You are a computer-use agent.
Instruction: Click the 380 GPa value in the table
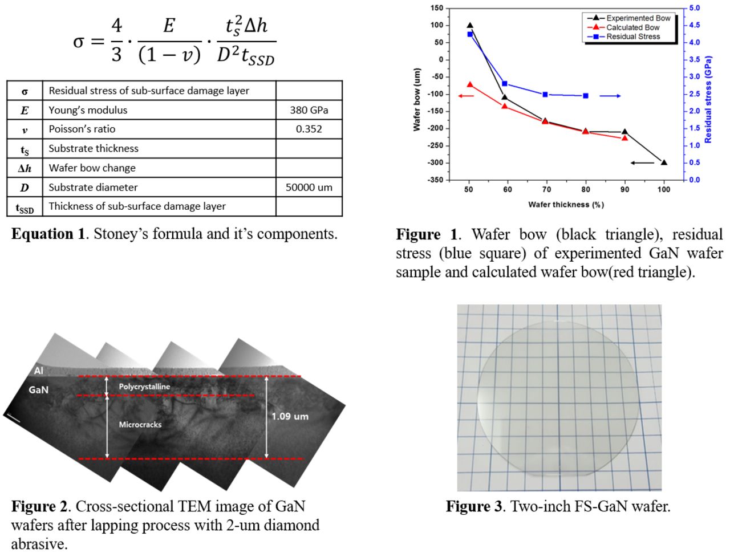click(x=309, y=110)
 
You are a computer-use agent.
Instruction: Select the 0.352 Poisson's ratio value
click(x=309, y=129)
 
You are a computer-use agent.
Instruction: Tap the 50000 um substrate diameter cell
click(x=309, y=187)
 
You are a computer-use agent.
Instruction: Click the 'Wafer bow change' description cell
click(x=92, y=168)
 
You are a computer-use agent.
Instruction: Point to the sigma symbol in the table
click(x=25, y=91)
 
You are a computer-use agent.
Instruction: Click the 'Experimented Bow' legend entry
click(x=638, y=18)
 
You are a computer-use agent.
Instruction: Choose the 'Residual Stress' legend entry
click(x=632, y=36)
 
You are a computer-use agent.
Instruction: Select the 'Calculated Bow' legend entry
click(x=632, y=27)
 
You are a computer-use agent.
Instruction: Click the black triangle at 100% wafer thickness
click(x=664, y=162)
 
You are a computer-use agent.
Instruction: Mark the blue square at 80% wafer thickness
click(x=586, y=96)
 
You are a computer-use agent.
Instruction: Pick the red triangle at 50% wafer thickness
click(x=470, y=84)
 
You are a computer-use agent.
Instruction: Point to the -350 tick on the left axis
click(x=436, y=180)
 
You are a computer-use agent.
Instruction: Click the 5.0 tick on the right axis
click(x=694, y=8)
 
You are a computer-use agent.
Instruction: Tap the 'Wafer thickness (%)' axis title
click(x=566, y=205)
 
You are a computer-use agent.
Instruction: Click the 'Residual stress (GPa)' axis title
click(x=708, y=99)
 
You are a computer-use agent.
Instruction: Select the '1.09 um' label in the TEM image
click(x=290, y=416)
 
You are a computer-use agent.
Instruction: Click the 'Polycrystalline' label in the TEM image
click(x=144, y=387)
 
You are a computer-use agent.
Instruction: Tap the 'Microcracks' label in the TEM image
click(x=140, y=424)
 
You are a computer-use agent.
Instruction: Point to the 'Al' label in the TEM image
click(x=38, y=371)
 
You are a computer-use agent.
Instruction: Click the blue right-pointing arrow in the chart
click(x=610, y=96)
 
